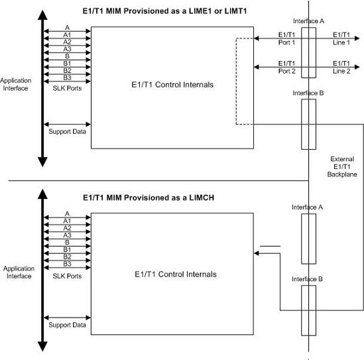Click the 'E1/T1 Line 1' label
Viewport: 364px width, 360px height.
tap(342, 38)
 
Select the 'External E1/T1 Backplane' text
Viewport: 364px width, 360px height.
tap(342, 166)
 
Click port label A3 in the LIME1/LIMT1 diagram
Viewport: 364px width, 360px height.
tap(67, 48)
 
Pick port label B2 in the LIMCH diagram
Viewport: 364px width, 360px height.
tap(67, 256)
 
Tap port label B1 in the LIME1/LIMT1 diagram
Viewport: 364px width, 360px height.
tap(67, 63)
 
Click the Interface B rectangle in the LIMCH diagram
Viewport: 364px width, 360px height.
tap(308, 308)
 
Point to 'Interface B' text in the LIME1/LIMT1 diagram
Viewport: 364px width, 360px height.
tap(308, 93)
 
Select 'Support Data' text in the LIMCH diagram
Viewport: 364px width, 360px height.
tap(67, 325)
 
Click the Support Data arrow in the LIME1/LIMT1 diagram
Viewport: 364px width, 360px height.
tap(67, 124)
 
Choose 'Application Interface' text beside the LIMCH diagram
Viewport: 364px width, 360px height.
tap(19, 272)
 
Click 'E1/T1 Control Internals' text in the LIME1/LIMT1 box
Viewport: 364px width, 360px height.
tap(175, 85)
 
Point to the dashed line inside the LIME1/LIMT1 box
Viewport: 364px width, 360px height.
tap(236, 80)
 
